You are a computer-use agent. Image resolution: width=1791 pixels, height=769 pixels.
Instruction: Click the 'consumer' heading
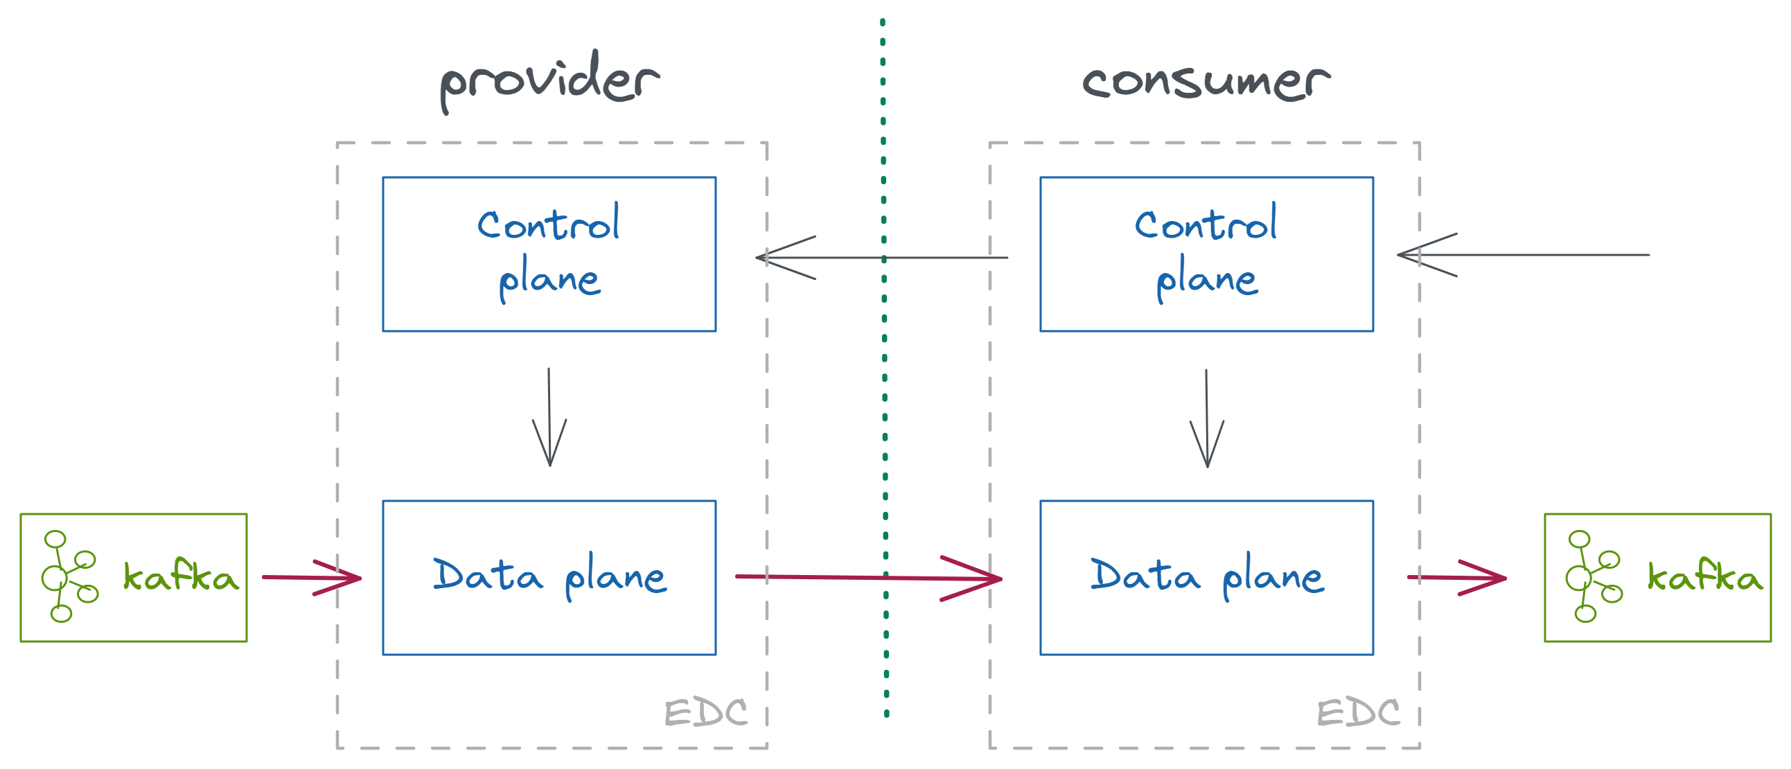click(x=1206, y=82)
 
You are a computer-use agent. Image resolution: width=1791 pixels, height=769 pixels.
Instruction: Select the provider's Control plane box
click(x=549, y=254)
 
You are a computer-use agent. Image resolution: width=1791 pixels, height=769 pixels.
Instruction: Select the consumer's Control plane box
click(x=1206, y=254)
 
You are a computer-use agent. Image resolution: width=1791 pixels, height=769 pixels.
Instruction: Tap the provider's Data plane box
click(x=549, y=577)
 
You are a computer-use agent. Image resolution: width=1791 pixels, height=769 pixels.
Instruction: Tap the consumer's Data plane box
click(x=1206, y=577)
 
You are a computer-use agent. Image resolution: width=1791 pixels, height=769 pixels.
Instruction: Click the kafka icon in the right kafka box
click(x=1593, y=576)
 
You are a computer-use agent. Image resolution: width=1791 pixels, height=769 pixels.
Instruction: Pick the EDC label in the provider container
click(x=706, y=713)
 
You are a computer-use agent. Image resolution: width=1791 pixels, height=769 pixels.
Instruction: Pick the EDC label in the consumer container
click(x=1358, y=713)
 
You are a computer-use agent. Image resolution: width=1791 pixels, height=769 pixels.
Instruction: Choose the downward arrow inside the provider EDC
click(x=549, y=417)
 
